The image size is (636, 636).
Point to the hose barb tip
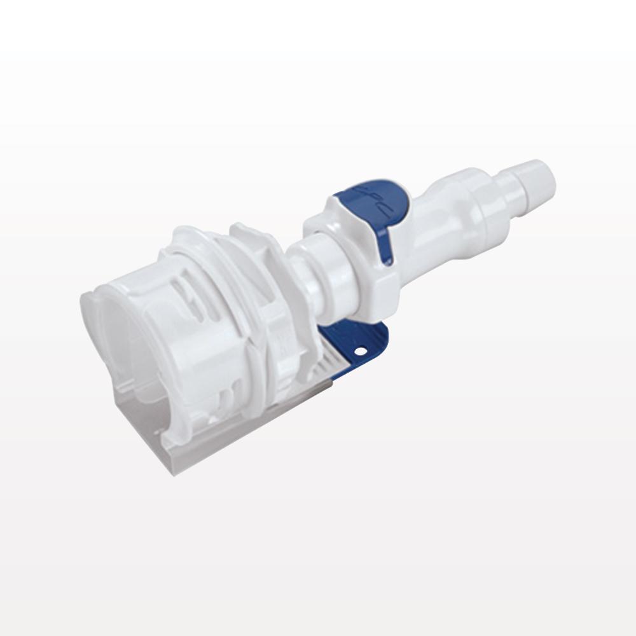pyautogui.click(x=541, y=179)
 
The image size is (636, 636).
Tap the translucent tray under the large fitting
pyautogui.click(x=210, y=439)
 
